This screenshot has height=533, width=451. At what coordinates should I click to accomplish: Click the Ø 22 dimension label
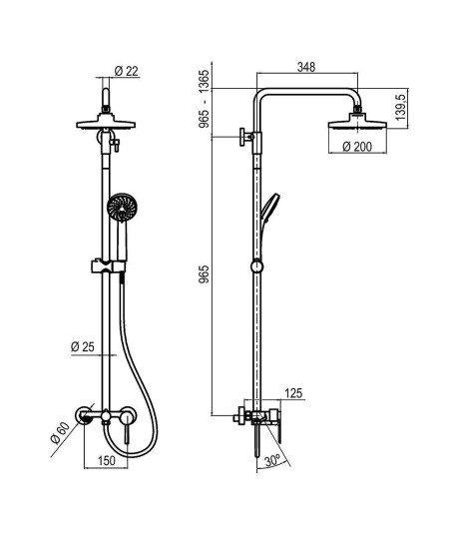click(127, 71)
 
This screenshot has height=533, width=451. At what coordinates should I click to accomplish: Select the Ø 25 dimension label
click(83, 347)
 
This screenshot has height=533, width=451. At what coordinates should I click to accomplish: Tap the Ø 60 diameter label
click(60, 433)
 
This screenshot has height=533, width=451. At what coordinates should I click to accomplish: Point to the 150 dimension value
click(107, 460)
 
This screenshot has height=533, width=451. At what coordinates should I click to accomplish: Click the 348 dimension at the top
click(306, 67)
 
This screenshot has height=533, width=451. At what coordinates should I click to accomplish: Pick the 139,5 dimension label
click(401, 107)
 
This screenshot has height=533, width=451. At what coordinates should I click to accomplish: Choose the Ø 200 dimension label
click(357, 147)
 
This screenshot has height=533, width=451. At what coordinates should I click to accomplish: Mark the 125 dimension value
click(293, 393)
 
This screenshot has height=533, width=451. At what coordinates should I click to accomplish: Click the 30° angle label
click(272, 461)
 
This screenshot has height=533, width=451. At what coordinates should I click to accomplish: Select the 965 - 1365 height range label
click(205, 99)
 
